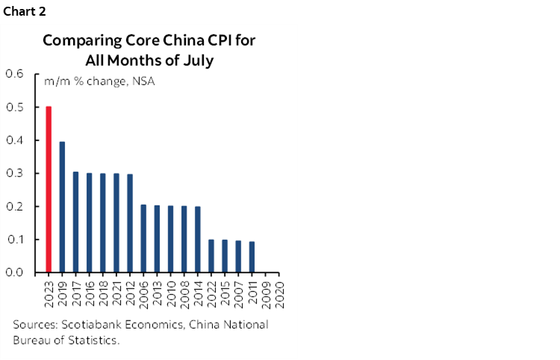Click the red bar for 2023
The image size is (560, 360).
49,190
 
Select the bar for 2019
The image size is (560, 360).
62,207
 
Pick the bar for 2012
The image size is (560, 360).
130,223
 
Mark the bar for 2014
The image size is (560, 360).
197,239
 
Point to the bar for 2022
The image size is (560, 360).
211,255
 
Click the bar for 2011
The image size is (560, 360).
252,256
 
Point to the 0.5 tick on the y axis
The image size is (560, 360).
15,107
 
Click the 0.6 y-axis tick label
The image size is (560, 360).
15,74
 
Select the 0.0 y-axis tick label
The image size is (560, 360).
15,273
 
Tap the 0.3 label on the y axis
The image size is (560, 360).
15,173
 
